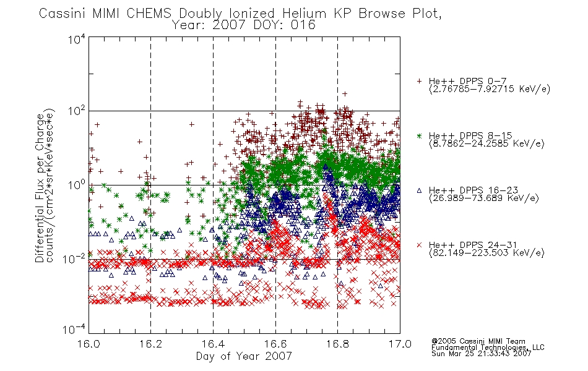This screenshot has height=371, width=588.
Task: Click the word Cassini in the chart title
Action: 63,14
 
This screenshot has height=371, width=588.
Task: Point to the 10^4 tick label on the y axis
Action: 77,39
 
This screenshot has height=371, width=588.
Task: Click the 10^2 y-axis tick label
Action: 77,111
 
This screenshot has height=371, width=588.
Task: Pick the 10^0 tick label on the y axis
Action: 77,185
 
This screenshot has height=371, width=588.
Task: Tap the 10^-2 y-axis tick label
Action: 74,258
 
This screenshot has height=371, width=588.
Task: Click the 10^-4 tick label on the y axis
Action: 74,329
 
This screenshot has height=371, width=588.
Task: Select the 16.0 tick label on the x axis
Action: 89,344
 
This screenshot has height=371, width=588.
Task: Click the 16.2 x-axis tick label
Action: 151,344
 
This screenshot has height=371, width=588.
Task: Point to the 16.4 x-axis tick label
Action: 213,344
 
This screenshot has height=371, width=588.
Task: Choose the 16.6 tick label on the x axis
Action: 275,344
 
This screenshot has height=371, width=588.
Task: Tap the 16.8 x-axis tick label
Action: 337,344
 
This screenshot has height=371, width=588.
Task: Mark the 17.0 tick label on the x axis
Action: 400,344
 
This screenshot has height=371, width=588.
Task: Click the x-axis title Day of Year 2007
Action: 244,356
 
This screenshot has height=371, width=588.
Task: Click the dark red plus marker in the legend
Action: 419,81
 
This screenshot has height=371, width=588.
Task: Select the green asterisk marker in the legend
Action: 419,135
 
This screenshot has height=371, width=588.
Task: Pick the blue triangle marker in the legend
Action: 419,190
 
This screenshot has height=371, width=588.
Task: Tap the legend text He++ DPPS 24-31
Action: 473,245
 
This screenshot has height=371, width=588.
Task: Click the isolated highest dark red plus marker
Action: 345,94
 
